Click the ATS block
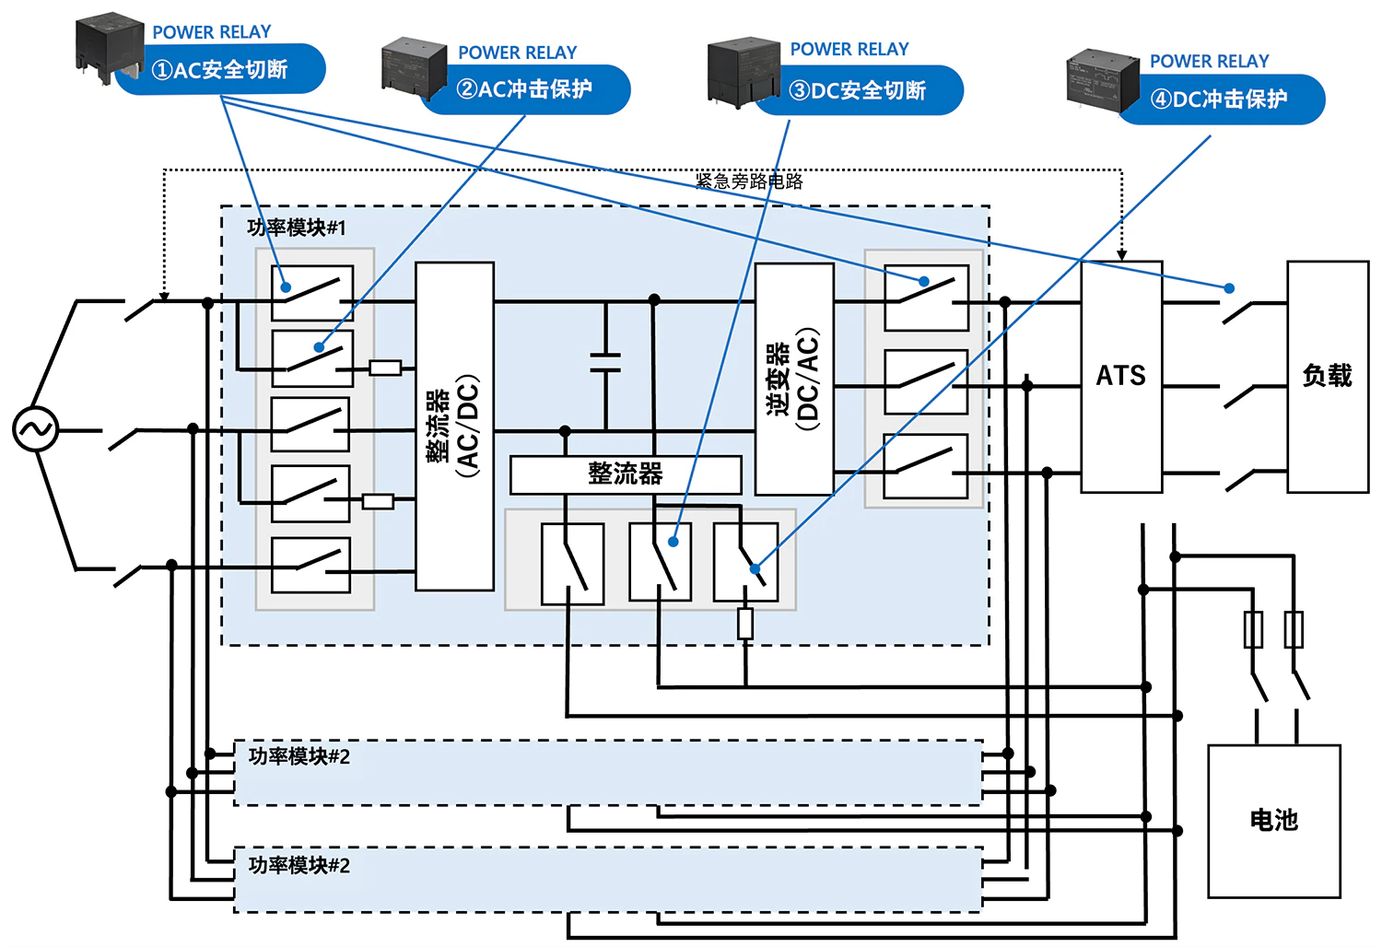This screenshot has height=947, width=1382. [x=1121, y=376]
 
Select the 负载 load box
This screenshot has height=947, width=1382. [x=1328, y=376]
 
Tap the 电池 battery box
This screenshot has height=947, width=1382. [x=1273, y=820]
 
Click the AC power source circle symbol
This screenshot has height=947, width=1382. [x=35, y=429]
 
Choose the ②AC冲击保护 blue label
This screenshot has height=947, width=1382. [x=525, y=89]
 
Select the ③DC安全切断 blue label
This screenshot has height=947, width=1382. [x=859, y=90]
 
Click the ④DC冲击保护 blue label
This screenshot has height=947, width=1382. [x=1220, y=99]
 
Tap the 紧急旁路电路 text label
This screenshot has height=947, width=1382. [x=749, y=181]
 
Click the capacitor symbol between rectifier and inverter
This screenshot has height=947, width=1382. [x=605, y=362]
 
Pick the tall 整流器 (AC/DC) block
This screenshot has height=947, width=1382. [x=455, y=426]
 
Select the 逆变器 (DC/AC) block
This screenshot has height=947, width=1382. [x=794, y=379]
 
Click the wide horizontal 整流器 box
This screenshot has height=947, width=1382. [x=626, y=474]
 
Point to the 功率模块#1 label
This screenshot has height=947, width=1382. [x=297, y=228]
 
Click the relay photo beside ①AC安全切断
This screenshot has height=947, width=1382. [x=110, y=48]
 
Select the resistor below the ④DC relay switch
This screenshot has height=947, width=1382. [x=745, y=624]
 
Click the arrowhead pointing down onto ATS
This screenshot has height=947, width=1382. [x=1122, y=253]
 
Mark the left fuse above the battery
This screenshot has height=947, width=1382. [x=1253, y=630]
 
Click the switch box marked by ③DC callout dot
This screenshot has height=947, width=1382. [x=660, y=562]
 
